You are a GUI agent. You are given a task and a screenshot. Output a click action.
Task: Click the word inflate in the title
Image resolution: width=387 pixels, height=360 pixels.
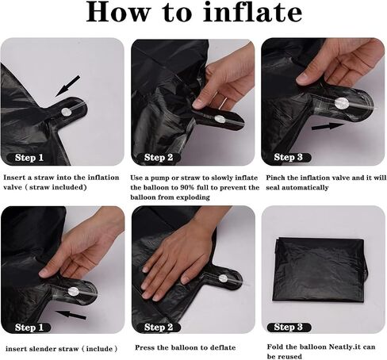tap(252, 12)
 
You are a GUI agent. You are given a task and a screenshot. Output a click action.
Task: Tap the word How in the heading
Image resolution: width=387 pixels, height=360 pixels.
tap(117, 12)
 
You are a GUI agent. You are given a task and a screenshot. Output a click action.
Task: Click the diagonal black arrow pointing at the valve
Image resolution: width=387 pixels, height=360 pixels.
tap(67, 86)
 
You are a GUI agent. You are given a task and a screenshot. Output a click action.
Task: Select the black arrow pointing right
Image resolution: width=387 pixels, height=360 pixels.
tap(328, 126)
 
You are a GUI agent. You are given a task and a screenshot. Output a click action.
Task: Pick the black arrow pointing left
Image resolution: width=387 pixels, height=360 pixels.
tap(71, 315)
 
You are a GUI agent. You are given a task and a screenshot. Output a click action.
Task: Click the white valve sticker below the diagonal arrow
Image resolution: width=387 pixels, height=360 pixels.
tap(67, 113)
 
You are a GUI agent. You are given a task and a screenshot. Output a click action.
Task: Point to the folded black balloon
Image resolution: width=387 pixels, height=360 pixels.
tap(321, 270)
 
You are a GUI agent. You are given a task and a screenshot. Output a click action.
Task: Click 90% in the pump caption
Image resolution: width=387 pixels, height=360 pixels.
tap(187, 187)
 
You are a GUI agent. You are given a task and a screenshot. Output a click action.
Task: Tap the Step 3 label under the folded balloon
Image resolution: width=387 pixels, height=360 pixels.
tap(289, 327)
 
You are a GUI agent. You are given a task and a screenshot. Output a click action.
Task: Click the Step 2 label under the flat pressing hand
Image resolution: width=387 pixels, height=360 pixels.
tap(159, 327)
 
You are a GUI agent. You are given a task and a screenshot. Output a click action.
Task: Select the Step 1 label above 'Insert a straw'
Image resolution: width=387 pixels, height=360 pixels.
tap(29, 158)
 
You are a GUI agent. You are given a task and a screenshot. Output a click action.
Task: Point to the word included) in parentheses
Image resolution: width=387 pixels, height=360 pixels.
tap(70, 187)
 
